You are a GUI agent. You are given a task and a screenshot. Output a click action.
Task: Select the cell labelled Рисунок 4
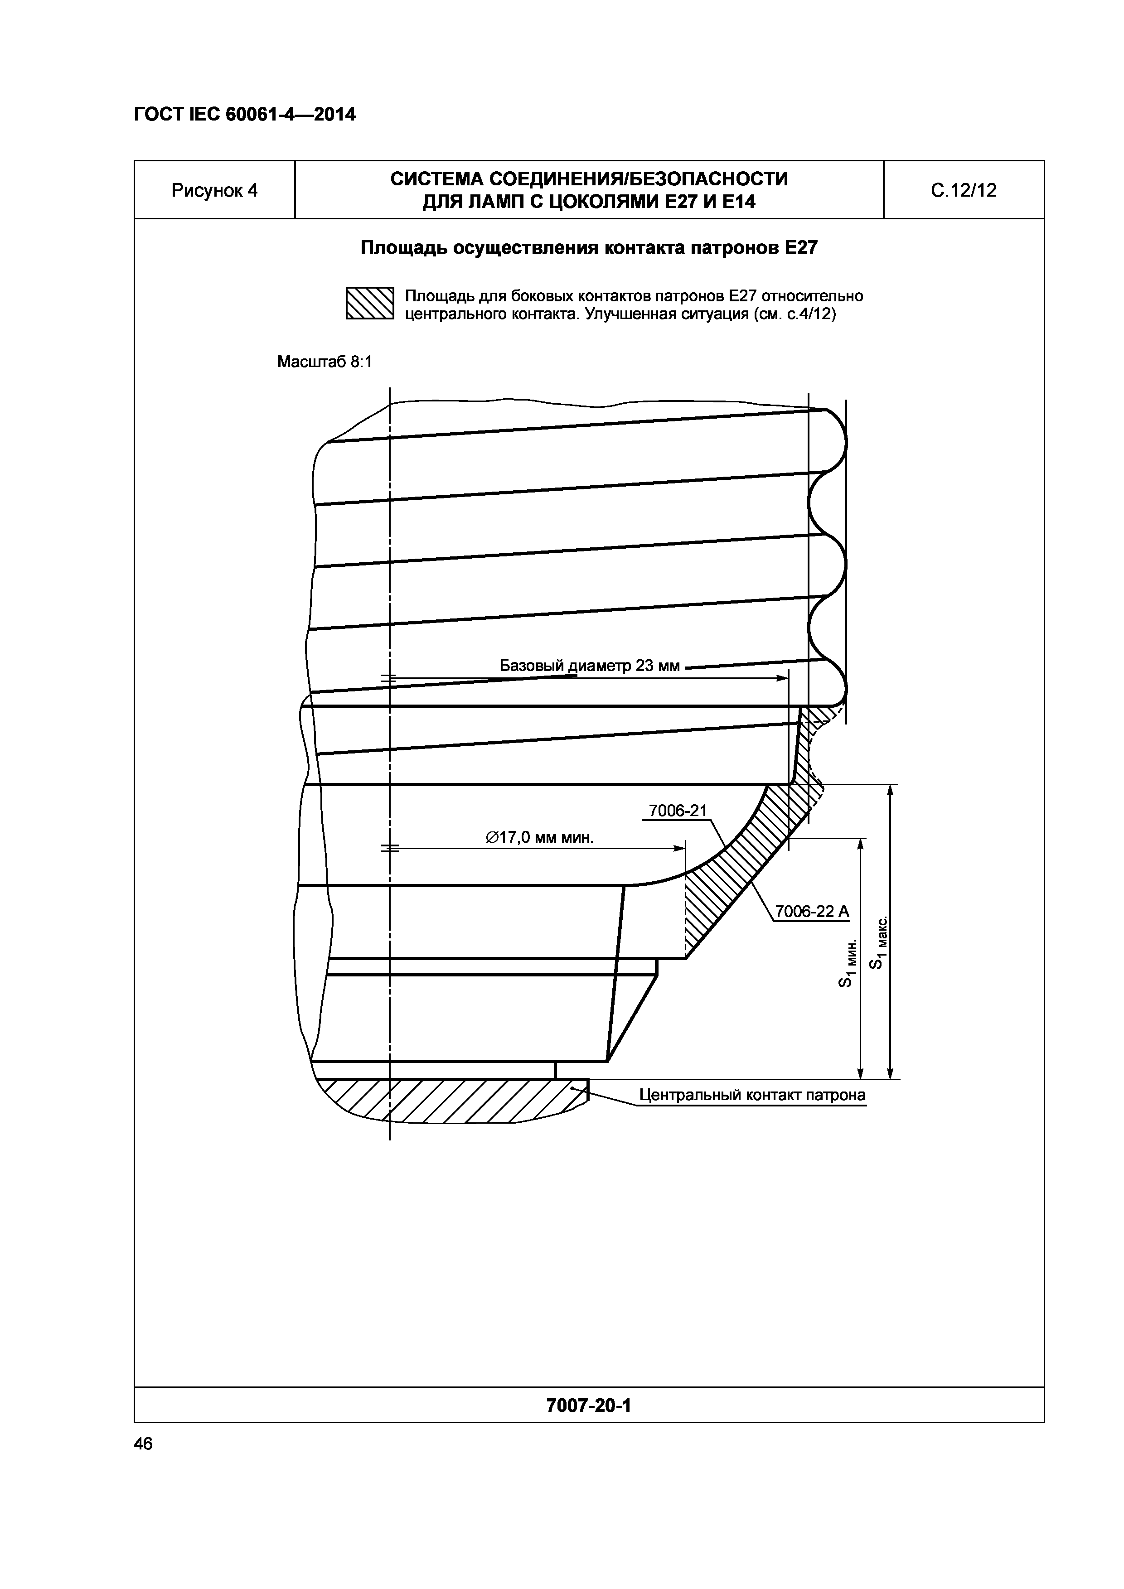[x=214, y=190]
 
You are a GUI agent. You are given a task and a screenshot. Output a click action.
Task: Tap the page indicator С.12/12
[x=964, y=190]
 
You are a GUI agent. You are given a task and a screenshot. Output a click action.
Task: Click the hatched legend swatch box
[x=369, y=303]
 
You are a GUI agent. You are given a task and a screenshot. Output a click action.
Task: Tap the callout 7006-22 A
[x=811, y=912]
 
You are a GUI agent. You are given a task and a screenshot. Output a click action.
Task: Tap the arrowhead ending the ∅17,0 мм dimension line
[x=680, y=848]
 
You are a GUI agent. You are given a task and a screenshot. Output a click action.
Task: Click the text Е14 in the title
[x=735, y=202]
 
